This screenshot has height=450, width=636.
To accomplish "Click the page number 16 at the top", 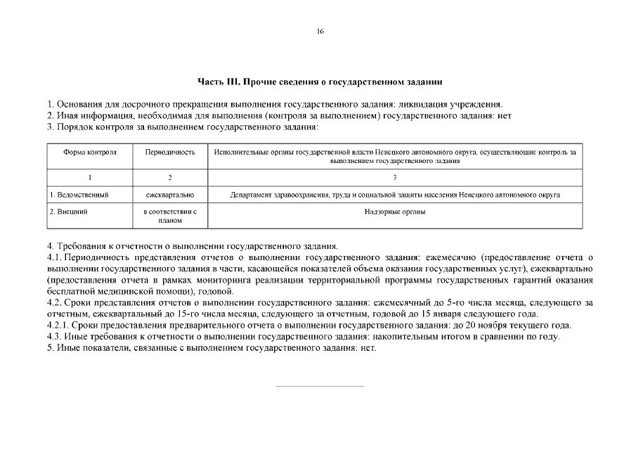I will coord(320,31).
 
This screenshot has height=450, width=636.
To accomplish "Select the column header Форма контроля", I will coord(90,152).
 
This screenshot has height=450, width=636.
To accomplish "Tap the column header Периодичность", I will coord(169,152).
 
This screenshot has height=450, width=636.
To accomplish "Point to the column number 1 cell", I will coord(90,177).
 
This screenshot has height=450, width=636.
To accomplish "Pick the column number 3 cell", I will coord(395,177).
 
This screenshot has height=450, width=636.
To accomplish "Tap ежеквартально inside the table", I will coord(169,195).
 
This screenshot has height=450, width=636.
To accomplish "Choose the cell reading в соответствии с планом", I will coord(169,216).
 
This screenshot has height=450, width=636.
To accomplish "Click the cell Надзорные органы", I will coord(395,211).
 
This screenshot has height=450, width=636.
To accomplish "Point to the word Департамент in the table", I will coord(254,195).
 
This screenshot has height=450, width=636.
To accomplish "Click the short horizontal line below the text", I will coord(320,386).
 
